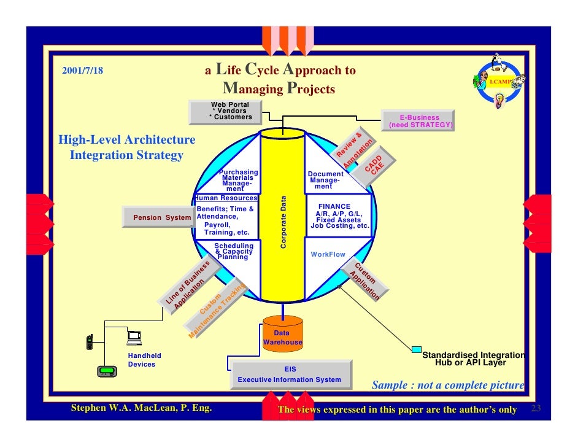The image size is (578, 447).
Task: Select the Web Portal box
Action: click(x=231, y=111)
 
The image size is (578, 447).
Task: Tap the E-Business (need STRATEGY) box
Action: click(x=420, y=121)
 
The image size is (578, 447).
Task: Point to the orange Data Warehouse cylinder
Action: click(x=283, y=333)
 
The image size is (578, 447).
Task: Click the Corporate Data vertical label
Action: click(x=283, y=222)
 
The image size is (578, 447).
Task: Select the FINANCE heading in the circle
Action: click(x=334, y=206)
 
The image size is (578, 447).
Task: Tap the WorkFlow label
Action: click(x=328, y=254)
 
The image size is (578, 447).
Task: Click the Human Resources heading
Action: click(x=225, y=198)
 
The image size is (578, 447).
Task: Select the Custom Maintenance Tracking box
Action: click(x=218, y=310)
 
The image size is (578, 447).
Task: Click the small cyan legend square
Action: click(x=417, y=350)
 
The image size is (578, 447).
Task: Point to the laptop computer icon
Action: click(x=134, y=336)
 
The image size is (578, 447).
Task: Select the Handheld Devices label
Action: click(x=144, y=360)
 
